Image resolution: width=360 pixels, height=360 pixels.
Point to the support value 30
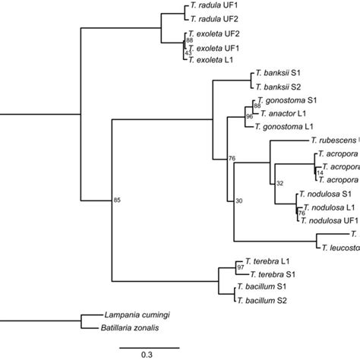[239, 201]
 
